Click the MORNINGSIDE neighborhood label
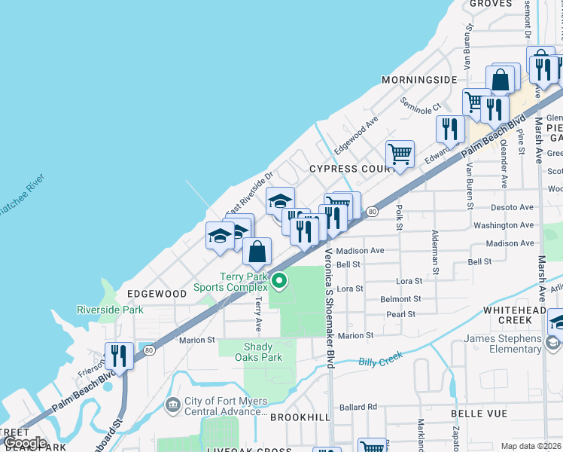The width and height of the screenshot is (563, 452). [419, 80]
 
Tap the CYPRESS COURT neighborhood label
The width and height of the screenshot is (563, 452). [351, 169]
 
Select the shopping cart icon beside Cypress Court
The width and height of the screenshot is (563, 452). [400, 154]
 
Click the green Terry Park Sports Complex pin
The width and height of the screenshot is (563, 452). [279, 282]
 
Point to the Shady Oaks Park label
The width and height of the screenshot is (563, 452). [262, 352]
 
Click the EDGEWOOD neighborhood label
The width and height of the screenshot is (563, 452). [157, 293]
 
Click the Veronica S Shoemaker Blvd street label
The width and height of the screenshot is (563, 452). [328, 310]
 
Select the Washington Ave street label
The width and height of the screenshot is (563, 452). [504, 225]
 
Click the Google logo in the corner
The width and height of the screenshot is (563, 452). [25, 444]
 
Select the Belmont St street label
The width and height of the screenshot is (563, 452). [400, 299]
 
